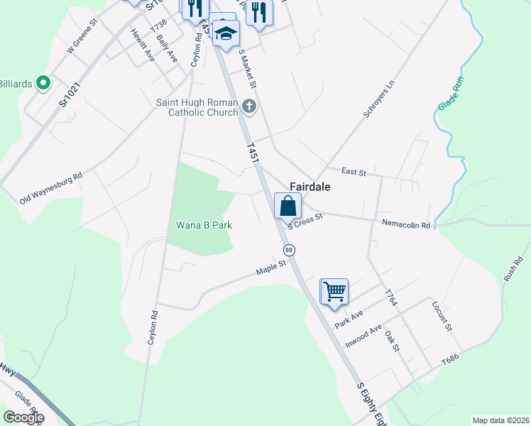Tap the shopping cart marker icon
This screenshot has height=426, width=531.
[x=334, y=291]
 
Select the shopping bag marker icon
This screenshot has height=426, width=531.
[x=288, y=207]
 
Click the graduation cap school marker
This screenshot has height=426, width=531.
[x=226, y=33]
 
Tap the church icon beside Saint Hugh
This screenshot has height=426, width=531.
[x=248, y=107]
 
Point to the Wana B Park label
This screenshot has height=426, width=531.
[x=205, y=225]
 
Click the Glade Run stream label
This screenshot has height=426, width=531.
[x=450, y=94]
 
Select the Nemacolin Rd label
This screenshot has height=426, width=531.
[x=406, y=225]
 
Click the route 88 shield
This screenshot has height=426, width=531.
[x=289, y=250]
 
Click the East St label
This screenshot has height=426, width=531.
[x=353, y=172]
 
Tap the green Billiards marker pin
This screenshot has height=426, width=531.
[x=43, y=84]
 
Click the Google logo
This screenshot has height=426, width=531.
[x=23, y=417]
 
